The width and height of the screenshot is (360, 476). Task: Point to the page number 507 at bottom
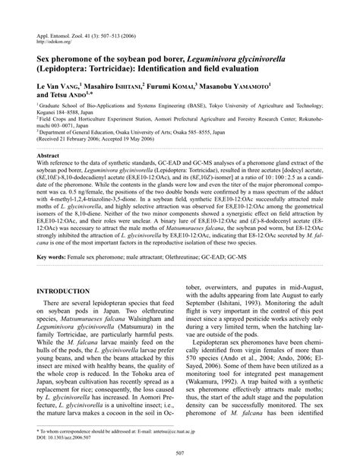(x=180, y=454)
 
